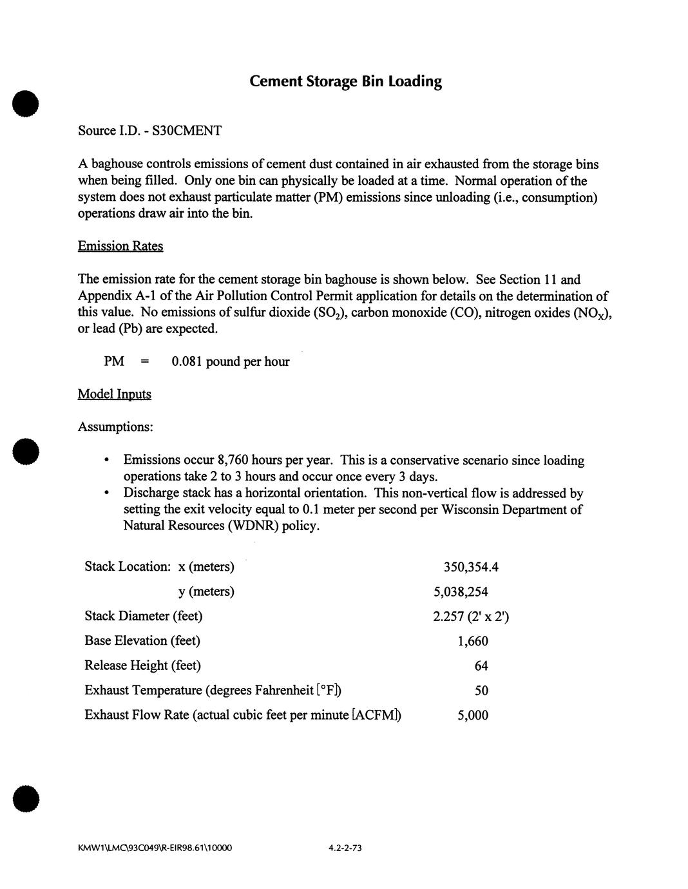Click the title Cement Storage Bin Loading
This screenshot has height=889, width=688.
tap(345, 82)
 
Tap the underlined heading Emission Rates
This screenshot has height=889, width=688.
tap(120, 246)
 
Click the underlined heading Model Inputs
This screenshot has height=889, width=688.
tap(115, 394)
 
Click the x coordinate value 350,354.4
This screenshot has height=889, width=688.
tap(471, 567)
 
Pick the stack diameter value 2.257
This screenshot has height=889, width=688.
tap(450, 617)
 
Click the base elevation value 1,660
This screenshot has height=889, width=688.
tap(473, 641)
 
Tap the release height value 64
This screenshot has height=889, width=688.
tap(481, 666)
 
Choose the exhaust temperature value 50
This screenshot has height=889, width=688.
tap(481, 691)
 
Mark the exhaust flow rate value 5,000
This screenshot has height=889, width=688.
tap(473, 715)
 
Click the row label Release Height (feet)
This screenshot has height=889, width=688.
tap(142, 665)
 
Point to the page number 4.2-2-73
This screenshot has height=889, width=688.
tap(345, 848)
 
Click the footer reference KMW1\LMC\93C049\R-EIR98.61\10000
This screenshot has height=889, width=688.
tap(155, 848)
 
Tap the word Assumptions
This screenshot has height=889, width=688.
tap(115, 427)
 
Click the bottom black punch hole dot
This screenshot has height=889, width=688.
tap(26, 799)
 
